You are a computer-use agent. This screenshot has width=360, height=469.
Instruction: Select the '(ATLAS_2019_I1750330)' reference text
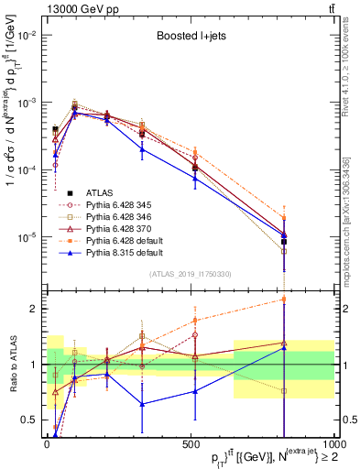click(189, 274)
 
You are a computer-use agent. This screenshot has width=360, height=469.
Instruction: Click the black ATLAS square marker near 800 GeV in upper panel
click(284, 242)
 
